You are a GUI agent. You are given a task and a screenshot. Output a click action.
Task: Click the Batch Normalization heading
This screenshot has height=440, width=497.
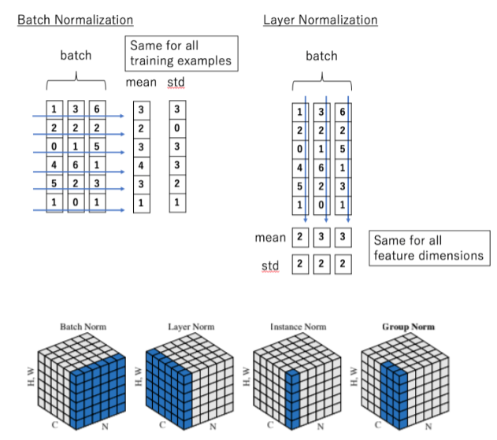pyautogui.click(x=76, y=20)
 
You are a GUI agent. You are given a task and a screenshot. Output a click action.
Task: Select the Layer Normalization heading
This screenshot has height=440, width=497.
pyautogui.click(x=320, y=20)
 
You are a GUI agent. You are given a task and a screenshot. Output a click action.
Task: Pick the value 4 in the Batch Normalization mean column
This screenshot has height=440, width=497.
pyautogui.click(x=141, y=166)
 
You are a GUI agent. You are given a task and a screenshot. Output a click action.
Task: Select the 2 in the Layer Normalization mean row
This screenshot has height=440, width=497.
pyautogui.click(x=299, y=237)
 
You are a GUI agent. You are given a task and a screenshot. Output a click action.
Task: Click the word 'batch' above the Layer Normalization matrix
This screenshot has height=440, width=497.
pyautogui.click(x=321, y=56)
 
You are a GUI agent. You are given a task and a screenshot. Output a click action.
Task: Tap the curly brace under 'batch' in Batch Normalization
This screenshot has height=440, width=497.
pyautogui.click(x=76, y=82)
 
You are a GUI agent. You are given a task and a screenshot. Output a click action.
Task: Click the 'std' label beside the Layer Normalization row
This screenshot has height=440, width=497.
pyautogui.click(x=270, y=267)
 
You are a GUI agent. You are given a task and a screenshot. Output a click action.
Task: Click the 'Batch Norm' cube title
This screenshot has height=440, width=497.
pyautogui.click(x=82, y=326)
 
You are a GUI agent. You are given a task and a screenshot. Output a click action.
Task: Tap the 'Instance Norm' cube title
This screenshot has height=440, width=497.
pyautogui.click(x=299, y=326)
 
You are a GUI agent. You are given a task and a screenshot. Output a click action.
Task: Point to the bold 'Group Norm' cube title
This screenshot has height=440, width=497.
pyautogui.click(x=408, y=326)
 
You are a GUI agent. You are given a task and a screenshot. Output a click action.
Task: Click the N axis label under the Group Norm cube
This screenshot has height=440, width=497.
pyautogui.click(x=429, y=426)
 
